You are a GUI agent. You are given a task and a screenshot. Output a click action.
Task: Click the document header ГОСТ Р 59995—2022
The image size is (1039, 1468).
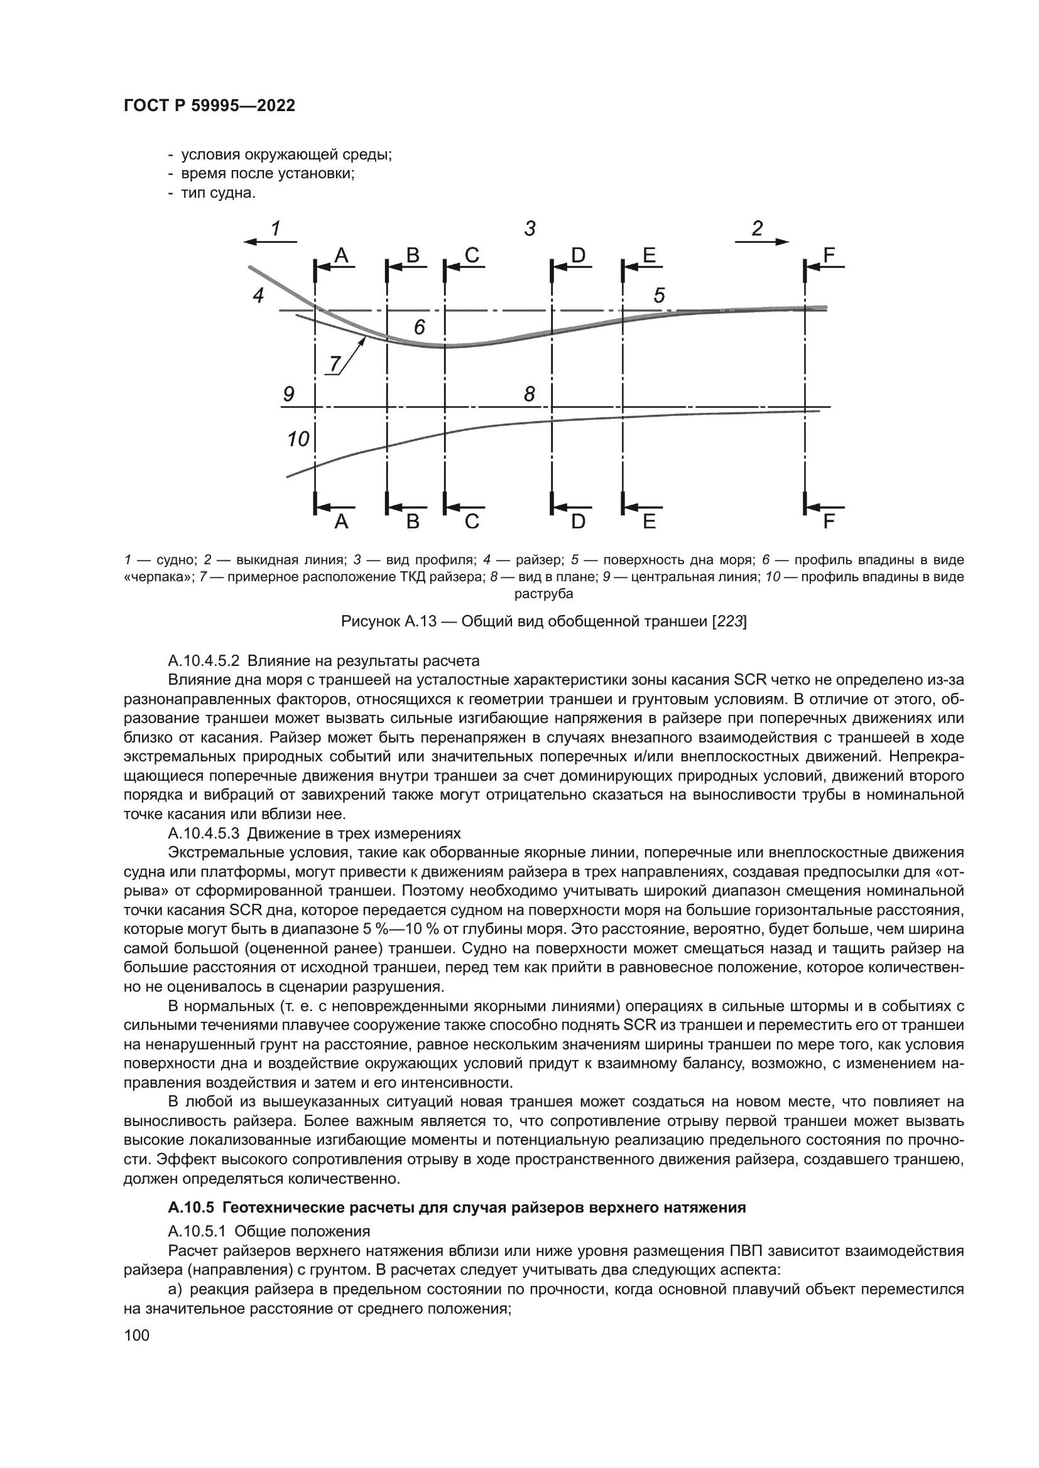(209, 105)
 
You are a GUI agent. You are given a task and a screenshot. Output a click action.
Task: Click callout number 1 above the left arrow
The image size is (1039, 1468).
(276, 228)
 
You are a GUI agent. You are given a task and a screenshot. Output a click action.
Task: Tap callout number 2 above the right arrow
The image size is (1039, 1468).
(758, 228)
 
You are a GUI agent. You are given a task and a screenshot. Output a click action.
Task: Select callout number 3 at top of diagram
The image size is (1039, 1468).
(530, 228)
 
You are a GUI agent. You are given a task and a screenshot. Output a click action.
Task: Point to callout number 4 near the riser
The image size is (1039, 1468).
(258, 296)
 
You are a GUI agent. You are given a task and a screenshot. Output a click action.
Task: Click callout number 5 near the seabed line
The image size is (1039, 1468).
(660, 296)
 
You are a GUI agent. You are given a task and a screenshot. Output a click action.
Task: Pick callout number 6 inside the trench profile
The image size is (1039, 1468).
(419, 328)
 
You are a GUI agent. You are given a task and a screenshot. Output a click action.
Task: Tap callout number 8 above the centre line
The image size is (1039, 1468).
(529, 394)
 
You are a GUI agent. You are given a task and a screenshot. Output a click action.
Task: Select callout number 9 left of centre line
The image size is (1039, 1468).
(288, 394)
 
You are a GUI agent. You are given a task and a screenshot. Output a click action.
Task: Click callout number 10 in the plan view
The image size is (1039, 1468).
(298, 439)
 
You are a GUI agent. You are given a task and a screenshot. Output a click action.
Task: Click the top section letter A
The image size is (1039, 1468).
(342, 255)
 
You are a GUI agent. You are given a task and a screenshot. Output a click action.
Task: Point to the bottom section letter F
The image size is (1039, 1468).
(829, 522)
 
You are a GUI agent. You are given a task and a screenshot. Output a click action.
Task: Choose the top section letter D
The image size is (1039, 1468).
(578, 255)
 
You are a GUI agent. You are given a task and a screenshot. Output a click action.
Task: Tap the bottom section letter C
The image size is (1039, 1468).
(472, 522)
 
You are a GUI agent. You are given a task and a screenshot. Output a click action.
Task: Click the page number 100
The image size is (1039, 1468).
(136, 1335)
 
